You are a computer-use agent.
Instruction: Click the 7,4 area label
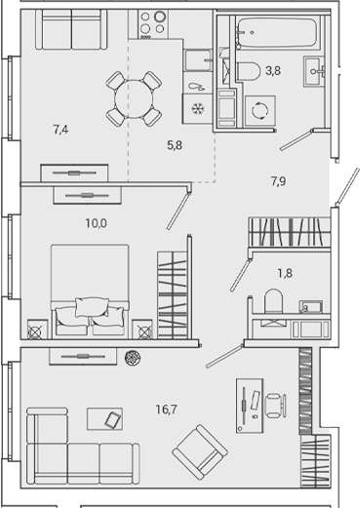(x=60, y=128)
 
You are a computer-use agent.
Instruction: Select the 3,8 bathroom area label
(x=274, y=70)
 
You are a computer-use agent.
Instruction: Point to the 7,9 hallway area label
(x=279, y=178)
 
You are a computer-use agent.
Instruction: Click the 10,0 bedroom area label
(x=97, y=223)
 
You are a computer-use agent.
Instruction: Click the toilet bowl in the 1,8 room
(x=275, y=299)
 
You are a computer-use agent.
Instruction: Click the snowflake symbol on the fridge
(x=196, y=107)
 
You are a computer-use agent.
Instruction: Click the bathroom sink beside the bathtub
(x=318, y=68)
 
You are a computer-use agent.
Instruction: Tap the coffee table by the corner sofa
(x=112, y=419)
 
